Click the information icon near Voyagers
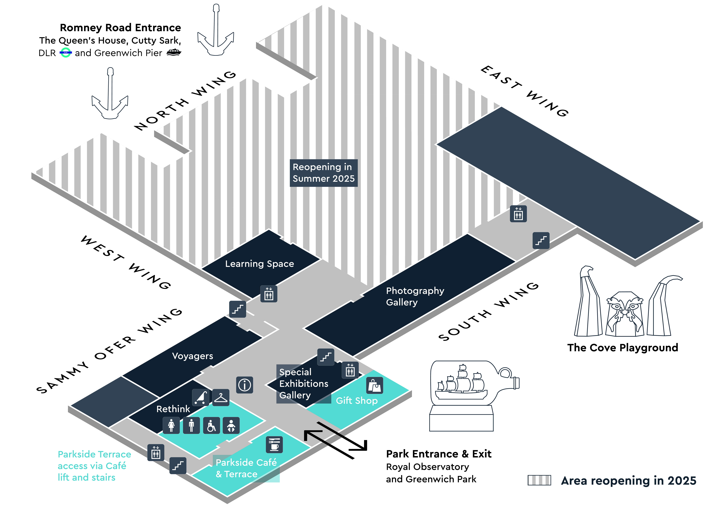coord(245,385)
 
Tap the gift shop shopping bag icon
coord(374,385)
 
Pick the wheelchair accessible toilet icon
coord(211,425)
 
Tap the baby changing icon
coord(231,425)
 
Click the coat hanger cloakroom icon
coord(221,398)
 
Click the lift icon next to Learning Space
coord(269,294)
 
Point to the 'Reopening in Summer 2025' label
coord(323,173)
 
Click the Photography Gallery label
coord(415,296)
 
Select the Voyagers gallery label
coord(192,356)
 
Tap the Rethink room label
coord(173,409)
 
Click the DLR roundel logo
coord(66,53)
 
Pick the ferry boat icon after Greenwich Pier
coord(174,53)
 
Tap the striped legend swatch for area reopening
coord(539,480)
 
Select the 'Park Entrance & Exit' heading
coord(438,453)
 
